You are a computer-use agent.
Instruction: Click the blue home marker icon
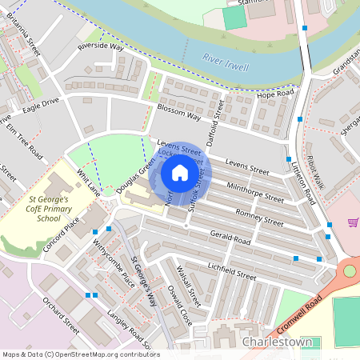pyautogui.click(x=180, y=173)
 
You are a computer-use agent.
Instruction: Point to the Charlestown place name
pyautogui.click(x=278, y=342)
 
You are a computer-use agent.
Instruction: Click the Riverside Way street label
pyautogui.click(x=101, y=47)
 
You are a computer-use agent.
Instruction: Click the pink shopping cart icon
pyautogui.click(x=353, y=222)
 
